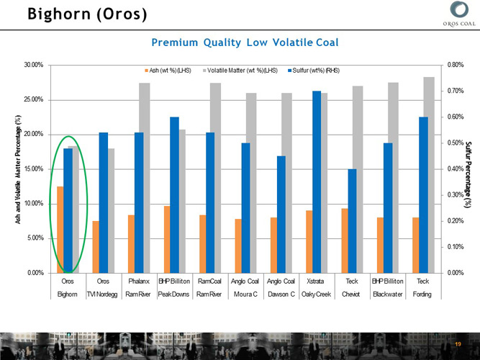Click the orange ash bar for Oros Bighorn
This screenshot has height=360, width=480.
coord(60,229)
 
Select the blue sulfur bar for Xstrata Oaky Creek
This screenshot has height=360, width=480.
coord(317,181)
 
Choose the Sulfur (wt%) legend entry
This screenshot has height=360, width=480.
coord(313,70)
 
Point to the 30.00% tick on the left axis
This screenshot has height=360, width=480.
coord(34,66)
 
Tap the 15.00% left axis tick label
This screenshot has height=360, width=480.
coord(34,169)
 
